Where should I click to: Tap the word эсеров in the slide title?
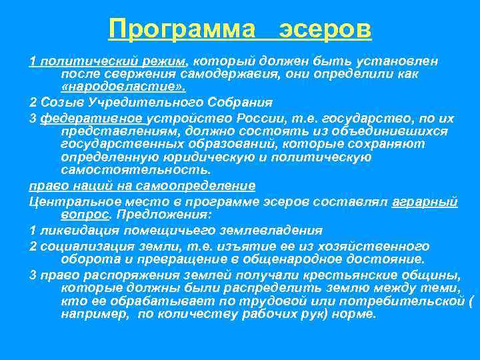[x=325, y=29]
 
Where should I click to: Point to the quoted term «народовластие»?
[x=123, y=87]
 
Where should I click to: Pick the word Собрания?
[x=239, y=103]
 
